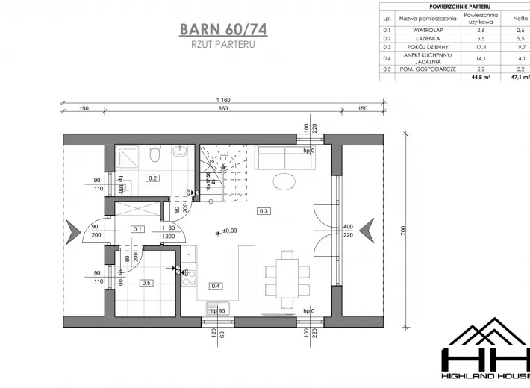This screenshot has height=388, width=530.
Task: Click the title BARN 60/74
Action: click(x=223, y=29)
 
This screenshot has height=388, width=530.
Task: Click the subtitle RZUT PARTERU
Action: click(x=223, y=45)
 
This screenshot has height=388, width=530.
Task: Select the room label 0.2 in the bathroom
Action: click(x=152, y=178)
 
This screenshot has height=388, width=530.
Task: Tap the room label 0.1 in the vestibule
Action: click(x=137, y=229)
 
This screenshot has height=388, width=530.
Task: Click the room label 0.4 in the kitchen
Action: click(x=216, y=286)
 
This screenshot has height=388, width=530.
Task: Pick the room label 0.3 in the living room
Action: click(x=264, y=211)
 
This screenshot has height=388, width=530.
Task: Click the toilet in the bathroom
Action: click(x=155, y=154)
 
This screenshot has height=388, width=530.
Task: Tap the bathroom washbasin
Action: click(x=180, y=153)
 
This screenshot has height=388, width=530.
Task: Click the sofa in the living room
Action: click(x=282, y=158)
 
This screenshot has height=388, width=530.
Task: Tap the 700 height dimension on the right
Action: click(x=403, y=231)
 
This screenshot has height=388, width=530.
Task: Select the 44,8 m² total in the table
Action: click(x=478, y=76)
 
